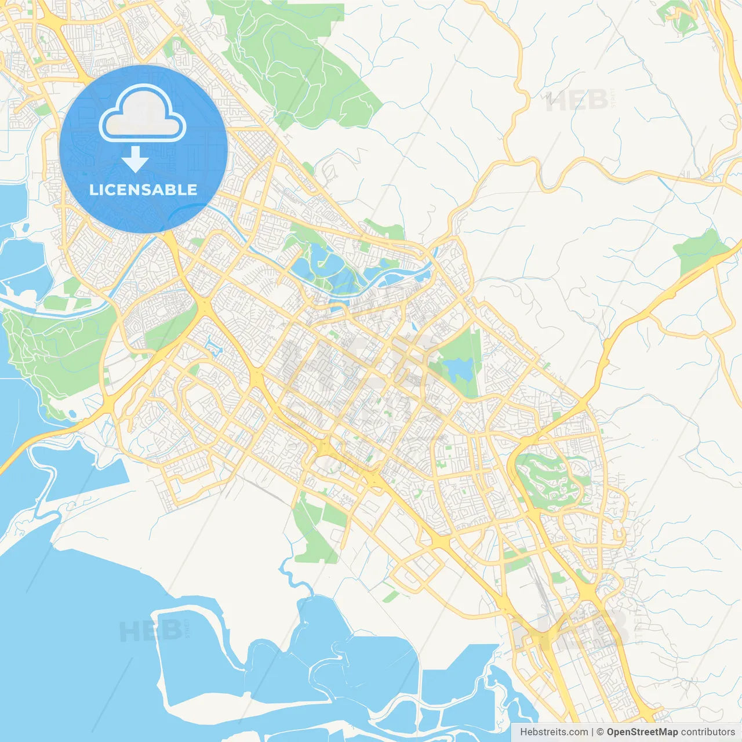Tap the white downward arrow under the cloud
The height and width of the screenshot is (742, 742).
135,159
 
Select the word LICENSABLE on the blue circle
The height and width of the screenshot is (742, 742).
143,190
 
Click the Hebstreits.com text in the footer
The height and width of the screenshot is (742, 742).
554,732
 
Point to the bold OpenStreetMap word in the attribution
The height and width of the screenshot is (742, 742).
642,732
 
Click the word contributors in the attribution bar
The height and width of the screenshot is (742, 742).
708,732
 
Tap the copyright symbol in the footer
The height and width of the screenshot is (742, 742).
600,732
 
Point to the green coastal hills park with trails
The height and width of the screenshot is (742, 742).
52,354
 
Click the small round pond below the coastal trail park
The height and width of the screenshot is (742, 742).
72,414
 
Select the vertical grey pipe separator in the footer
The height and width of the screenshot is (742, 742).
592,732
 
